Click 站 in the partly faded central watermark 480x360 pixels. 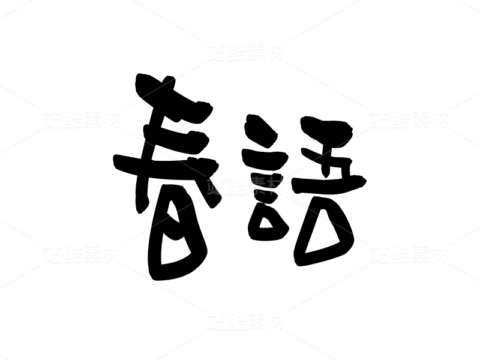pyautogui.click(x=216, y=186)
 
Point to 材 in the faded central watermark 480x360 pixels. pyautogui.click(x=275, y=186)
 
